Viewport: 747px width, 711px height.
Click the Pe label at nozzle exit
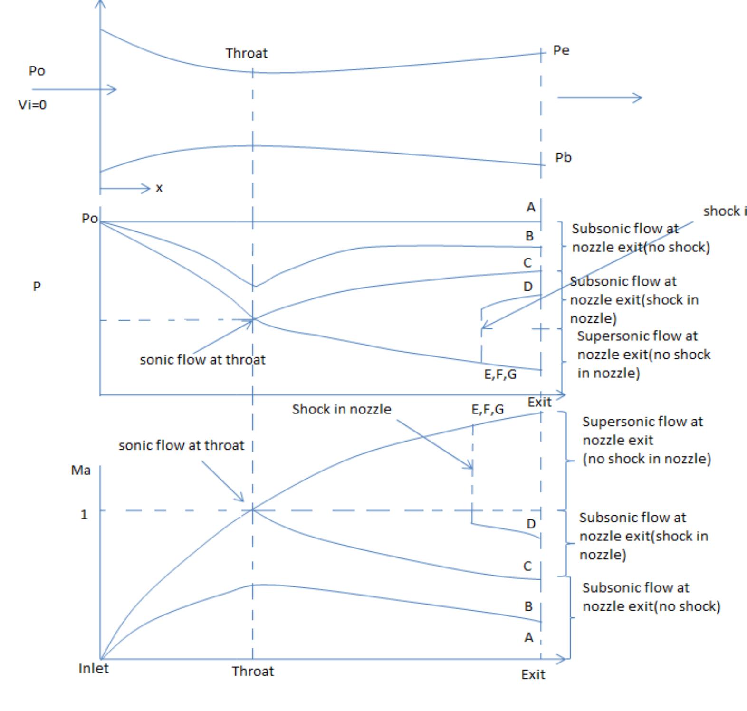(x=561, y=50)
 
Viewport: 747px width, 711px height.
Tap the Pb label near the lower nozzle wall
(x=563, y=157)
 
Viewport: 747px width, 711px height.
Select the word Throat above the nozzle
(x=247, y=53)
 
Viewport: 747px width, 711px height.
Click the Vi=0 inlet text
(x=32, y=105)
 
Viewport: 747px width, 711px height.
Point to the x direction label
(x=159, y=188)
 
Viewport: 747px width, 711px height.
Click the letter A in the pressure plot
(x=531, y=207)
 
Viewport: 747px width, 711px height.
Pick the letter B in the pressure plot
(x=529, y=236)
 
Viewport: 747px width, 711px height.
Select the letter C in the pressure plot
(x=527, y=262)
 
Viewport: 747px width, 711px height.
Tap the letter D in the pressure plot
(x=528, y=287)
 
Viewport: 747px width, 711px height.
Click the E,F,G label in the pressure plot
(x=500, y=375)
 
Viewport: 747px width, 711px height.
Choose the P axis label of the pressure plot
(x=37, y=286)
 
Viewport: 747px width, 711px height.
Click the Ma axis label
(x=81, y=470)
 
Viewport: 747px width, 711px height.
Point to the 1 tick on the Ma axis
(x=84, y=514)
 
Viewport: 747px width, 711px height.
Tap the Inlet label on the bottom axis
(x=94, y=668)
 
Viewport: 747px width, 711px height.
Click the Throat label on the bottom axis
(x=253, y=671)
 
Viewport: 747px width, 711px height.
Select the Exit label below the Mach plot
(x=533, y=674)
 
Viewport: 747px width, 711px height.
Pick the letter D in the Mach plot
(x=531, y=524)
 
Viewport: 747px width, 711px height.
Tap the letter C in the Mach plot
(x=527, y=566)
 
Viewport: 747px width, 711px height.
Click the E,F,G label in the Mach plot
(x=488, y=409)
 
